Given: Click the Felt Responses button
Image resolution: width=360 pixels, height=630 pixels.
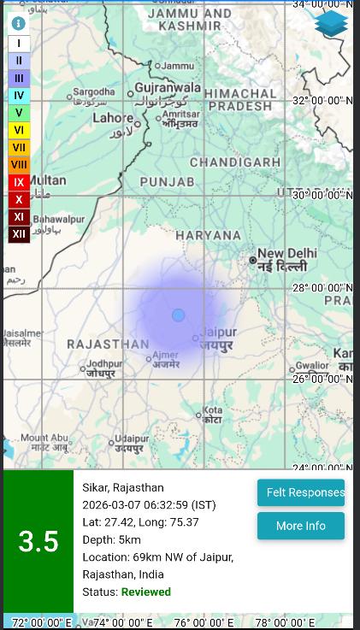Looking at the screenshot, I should point(301,492).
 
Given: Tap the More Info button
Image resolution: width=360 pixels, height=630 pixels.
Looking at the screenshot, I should point(301,526).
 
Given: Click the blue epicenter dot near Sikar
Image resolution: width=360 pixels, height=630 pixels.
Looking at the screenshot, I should point(178,315).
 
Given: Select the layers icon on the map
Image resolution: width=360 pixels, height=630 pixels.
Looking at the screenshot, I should point(331,24).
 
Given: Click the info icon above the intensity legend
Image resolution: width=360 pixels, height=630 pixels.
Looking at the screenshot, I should point(18,24).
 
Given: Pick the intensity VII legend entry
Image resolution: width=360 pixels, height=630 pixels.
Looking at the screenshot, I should point(19,147).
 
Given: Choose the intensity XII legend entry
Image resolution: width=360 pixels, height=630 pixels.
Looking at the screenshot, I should point(19,233).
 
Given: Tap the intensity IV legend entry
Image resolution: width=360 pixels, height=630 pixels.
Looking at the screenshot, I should point(19,96).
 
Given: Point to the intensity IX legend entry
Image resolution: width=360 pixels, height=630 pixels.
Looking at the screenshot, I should point(19,182).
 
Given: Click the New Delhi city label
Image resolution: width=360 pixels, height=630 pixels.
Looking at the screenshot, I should point(287,253).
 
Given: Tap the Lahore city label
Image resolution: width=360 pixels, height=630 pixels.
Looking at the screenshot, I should point(113,118).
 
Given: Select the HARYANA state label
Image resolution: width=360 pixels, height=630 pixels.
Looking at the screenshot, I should point(209,235).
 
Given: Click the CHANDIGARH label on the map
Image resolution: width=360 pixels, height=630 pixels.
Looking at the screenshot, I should point(234,162).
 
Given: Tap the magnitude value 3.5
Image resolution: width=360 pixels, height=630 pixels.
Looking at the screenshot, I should point(38,541).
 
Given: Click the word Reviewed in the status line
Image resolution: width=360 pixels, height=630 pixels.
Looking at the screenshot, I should point(146,592).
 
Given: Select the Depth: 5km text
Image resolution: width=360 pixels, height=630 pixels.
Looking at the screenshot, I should point(111,539).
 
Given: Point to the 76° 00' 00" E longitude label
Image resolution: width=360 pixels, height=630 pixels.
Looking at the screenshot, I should point(204,623).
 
